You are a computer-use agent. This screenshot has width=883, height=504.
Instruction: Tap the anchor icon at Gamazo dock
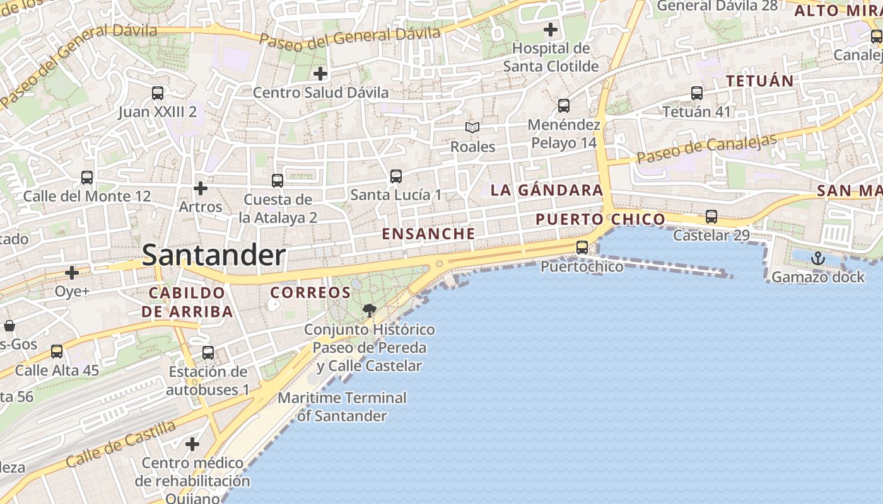point(817,258)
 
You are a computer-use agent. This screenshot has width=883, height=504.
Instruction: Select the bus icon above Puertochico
point(582,248)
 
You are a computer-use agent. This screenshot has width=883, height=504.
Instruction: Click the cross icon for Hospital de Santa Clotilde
point(551,29)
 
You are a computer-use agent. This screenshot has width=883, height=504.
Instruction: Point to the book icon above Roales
point(472,127)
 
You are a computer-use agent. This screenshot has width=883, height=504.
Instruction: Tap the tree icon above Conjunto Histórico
point(369,310)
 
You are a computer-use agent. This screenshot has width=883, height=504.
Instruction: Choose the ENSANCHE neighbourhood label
point(428,234)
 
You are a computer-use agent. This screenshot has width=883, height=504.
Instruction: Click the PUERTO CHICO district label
point(600,219)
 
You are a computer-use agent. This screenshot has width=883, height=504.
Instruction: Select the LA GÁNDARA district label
point(547,190)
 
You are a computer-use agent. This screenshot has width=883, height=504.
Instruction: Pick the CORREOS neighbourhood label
point(310,293)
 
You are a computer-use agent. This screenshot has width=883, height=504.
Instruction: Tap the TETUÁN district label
point(759,81)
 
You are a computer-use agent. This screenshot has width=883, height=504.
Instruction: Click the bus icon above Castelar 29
point(711,217)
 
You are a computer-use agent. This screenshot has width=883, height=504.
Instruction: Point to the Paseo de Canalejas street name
point(706,149)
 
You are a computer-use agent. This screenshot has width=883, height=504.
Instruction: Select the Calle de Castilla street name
point(121,445)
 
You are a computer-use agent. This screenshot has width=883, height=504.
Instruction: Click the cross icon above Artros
point(201,188)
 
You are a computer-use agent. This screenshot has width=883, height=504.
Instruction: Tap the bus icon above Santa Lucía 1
point(396,176)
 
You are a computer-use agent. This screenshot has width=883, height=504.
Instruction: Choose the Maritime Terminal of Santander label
point(342,407)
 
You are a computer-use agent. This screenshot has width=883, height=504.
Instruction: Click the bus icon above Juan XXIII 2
point(158,93)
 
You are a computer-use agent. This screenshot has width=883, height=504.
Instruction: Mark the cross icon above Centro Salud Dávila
point(320,74)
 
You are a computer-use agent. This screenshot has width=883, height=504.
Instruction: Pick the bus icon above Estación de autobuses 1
point(208,353)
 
